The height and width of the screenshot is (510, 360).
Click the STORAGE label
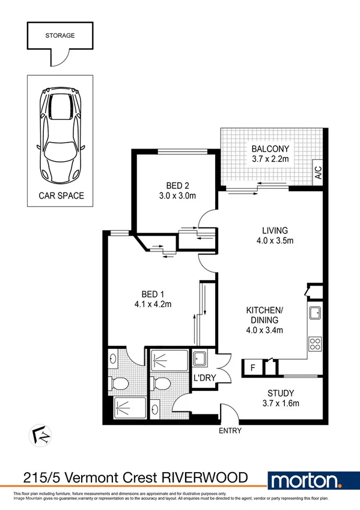coord(60,35)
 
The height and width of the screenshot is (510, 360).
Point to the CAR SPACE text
coord(61,195)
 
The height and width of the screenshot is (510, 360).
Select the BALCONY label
coord(270,149)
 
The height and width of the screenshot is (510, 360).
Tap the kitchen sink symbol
coord(314,313)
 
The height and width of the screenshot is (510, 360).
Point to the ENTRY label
coord(231,431)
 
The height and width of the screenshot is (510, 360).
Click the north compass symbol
coord(40,434)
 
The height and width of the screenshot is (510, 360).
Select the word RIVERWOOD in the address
coord(207,478)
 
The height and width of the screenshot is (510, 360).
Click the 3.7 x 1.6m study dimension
coord(274,404)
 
